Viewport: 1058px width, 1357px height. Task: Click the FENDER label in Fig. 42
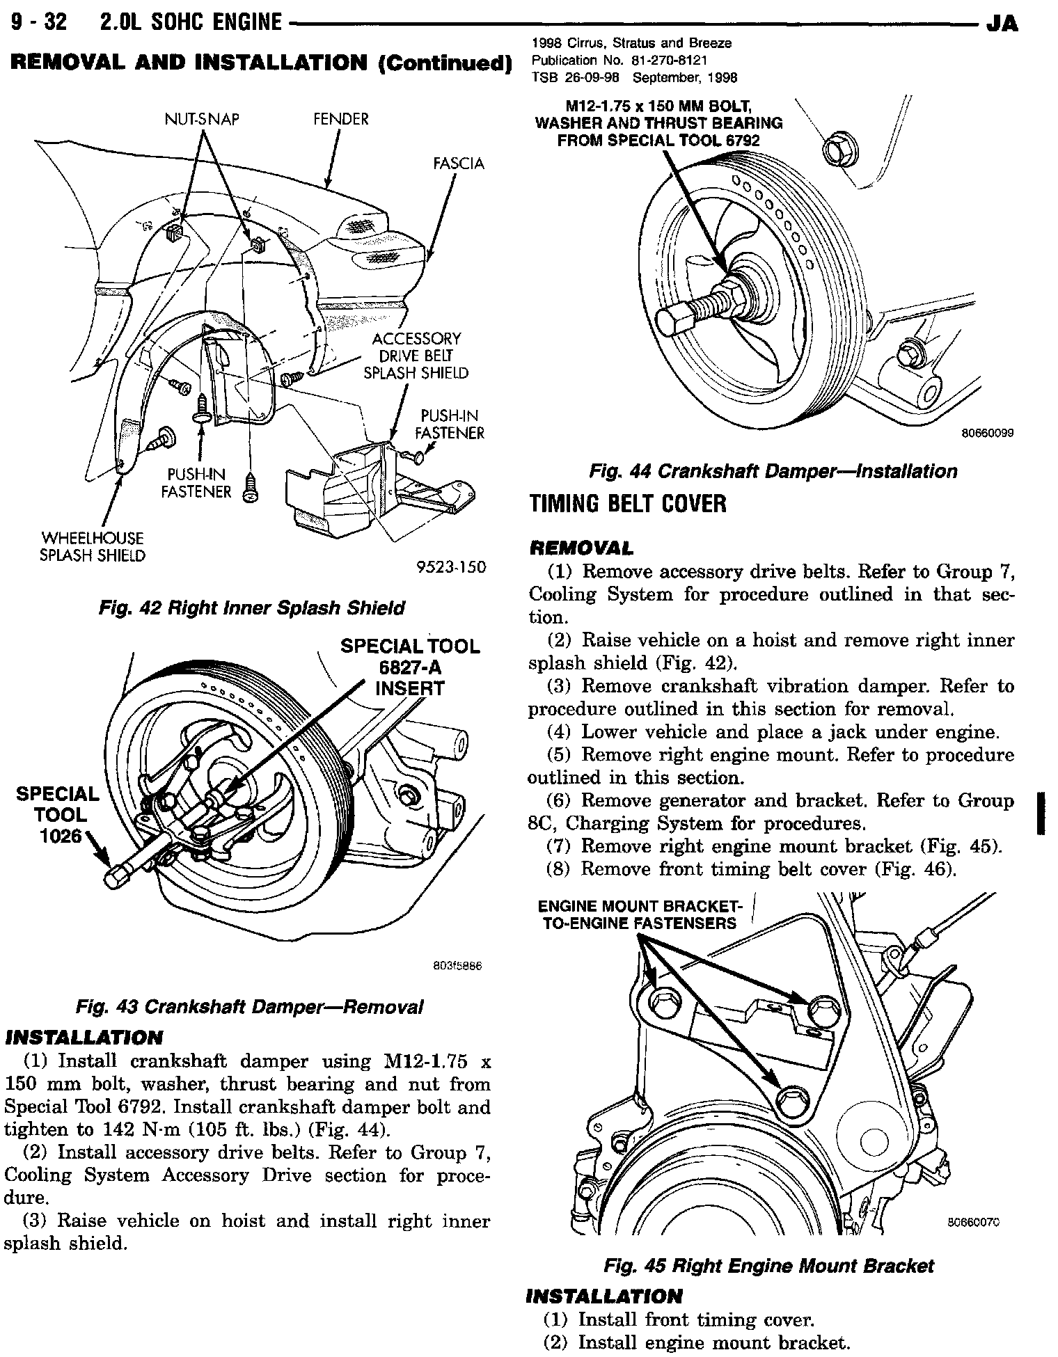340,119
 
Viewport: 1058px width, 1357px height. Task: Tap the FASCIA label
458,164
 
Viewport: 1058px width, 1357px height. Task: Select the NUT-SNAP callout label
202,119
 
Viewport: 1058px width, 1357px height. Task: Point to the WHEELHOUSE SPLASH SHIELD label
93,547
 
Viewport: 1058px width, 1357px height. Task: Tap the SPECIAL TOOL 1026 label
58,815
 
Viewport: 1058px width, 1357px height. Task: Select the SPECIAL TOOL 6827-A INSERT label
410,667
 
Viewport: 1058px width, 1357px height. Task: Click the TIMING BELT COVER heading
628,503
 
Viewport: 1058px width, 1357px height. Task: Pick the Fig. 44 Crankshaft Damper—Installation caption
773,471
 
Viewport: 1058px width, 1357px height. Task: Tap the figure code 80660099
987,433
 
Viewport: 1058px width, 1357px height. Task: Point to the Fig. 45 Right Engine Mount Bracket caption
768,1266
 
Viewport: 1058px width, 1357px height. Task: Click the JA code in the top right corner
1002,24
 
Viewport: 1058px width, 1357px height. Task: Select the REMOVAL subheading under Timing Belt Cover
581,548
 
